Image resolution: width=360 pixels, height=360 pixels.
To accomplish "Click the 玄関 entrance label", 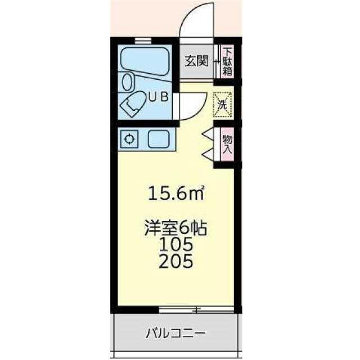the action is tap(197, 61).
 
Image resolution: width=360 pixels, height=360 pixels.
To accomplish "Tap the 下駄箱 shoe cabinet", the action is tap(227, 61).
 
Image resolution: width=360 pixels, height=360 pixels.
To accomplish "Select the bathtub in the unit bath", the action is tap(145, 61).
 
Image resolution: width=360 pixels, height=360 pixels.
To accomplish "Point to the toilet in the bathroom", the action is tap(132, 105).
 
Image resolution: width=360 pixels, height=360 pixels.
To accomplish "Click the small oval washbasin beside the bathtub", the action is tap(128, 82).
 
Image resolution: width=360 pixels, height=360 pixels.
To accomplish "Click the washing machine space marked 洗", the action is tap(222, 105).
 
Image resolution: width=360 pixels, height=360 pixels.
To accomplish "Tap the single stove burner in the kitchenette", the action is tap(129, 139).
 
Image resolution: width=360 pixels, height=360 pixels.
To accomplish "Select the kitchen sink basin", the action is tap(159, 139).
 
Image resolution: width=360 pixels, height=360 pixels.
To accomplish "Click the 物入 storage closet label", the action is tap(227, 144).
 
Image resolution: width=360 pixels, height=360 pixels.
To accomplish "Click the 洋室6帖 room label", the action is tap(175, 228).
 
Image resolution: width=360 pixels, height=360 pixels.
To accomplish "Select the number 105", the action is tap(176, 244).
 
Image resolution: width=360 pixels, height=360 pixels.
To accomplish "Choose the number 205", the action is tap(176, 261).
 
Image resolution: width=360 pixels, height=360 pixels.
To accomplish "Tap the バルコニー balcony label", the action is tap(175, 332).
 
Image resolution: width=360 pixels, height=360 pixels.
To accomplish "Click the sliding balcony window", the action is tap(196, 309).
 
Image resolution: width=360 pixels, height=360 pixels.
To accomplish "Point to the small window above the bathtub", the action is tap(143, 40).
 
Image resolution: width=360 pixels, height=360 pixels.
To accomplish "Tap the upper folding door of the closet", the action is tap(208, 134).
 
